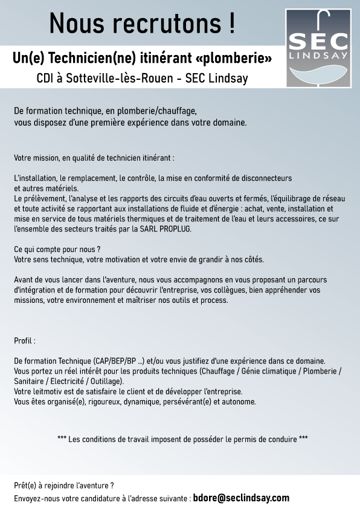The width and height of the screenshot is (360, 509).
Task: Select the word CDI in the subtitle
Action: pos(47,79)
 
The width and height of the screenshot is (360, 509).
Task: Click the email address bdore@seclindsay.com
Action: pos(241,499)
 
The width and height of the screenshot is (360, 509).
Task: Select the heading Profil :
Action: pos(25,341)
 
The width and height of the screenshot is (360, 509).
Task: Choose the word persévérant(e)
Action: pos(182,401)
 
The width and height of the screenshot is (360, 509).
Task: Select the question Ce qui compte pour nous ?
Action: pos(57,249)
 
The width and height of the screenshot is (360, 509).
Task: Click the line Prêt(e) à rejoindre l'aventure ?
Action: pos(64,485)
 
